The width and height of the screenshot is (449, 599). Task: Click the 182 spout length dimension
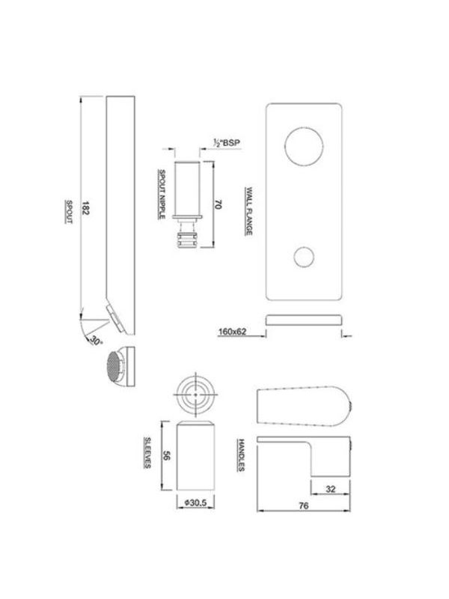pos(85,208)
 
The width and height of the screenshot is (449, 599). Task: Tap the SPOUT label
pos(69,211)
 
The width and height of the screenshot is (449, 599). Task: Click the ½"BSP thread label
pos(227,143)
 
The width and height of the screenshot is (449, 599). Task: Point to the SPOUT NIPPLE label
pos(162,194)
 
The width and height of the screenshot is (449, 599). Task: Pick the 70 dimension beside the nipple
pos(218,204)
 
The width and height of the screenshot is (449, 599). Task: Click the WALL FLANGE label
pos(248,211)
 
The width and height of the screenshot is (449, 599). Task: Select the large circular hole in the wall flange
pos(304,146)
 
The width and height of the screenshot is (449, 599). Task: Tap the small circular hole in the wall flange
pos(305,257)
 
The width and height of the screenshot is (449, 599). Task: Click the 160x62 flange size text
pos(232,332)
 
